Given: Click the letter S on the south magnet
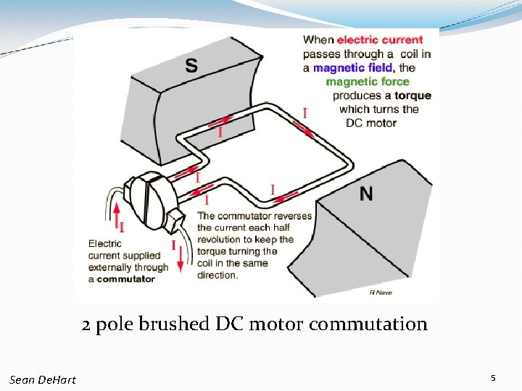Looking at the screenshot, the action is coord(191,66).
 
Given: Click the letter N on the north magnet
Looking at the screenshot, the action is coord(367,194).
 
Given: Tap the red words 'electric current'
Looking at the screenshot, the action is coord(379,40).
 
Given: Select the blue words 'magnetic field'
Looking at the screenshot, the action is coord(353,67).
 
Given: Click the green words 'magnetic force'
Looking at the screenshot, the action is coord(367,81).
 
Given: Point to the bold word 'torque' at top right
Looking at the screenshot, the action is coord(413,96).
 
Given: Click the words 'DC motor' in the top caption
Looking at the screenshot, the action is coord(371,123).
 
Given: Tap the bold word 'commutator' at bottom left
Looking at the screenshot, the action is coord(126,279).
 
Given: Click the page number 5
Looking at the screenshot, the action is coord(493,378).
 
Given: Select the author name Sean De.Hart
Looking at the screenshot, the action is coord(43,379).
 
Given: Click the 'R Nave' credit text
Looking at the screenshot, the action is coord(381,293).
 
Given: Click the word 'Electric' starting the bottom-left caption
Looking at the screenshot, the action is coord(105,244).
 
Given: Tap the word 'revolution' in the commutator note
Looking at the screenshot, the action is coord(221,240).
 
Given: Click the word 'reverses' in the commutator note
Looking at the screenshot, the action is coord(293,216).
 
